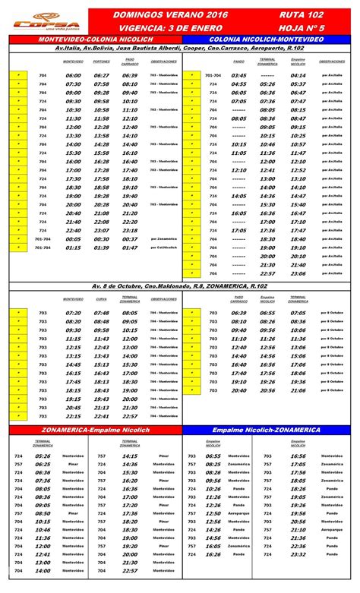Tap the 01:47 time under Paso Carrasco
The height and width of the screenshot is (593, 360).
pyautogui.click(x=130, y=248)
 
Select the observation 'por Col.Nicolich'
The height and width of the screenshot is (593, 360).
pyautogui.click(x=163, y=248)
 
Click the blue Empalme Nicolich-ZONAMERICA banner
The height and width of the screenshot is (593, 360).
pyautogui.click(x=270, y=430)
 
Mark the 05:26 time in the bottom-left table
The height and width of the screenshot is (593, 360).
pyautogui.click(x=43, y=456)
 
